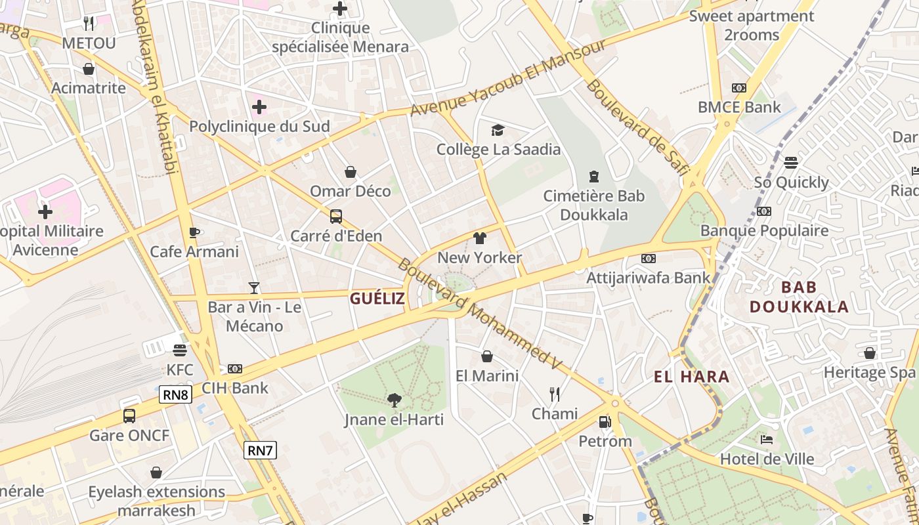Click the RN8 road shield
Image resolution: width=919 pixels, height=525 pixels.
click(175, 394)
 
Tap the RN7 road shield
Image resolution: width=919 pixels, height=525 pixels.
click(260, 450)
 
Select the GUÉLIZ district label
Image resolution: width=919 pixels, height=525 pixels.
click(377, 299)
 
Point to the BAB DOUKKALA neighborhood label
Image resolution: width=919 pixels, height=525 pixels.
click(799, 297)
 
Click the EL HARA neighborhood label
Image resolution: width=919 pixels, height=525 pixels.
click(692, 377)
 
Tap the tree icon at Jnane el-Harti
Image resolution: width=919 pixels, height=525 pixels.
click(394, 400)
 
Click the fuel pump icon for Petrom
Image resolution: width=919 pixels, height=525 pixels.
click(605, 422)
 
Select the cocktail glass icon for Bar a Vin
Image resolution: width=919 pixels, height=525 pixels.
click(254, 287)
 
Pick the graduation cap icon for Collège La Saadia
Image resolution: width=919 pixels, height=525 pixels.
click(498, 130)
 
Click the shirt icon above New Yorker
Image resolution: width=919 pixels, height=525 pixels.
click(480, 238)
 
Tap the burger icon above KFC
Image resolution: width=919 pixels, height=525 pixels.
click(180, 350)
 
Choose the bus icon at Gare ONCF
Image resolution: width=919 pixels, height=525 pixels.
click(129, 415)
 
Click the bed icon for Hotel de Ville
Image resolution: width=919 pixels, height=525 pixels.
click(766, 439)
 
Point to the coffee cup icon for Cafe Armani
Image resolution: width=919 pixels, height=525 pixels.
click(194, 232)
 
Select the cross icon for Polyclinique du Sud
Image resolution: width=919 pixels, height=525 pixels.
click(259, 106)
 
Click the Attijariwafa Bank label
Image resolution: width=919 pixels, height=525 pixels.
click(648, 278)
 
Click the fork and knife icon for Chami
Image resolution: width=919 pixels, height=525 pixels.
click(555, 394)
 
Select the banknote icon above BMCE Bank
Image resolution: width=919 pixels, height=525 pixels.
click(739, 88)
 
